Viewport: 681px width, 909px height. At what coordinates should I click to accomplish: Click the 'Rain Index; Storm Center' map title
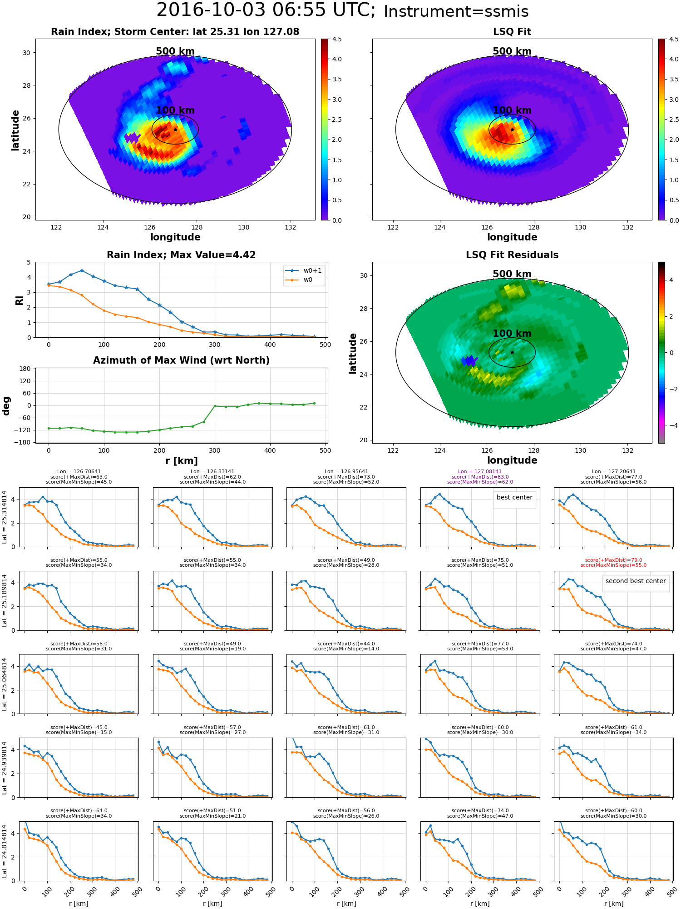175,32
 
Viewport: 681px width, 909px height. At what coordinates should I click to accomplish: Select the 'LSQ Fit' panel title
512,32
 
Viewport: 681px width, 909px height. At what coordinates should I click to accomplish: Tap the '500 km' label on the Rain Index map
175,51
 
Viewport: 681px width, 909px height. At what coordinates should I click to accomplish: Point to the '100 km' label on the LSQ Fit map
512,110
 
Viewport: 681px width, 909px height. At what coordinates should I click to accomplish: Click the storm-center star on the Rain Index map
175,130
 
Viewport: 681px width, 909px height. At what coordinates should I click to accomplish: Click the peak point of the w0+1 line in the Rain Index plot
82,270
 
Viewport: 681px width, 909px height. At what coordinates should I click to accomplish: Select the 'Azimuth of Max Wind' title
181,360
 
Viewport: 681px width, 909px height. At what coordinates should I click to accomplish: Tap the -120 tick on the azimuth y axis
23,430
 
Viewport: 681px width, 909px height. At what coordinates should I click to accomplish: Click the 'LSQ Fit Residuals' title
512,255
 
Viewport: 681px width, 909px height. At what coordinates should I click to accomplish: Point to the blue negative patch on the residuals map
469,361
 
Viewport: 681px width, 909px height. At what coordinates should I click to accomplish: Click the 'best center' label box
514,497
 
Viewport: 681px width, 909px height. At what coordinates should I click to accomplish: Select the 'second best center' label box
635,581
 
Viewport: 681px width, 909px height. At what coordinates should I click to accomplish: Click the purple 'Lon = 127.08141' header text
480,471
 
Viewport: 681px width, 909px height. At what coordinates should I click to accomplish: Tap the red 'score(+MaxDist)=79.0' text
613,560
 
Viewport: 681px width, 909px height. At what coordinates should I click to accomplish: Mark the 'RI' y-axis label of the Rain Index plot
20,300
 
